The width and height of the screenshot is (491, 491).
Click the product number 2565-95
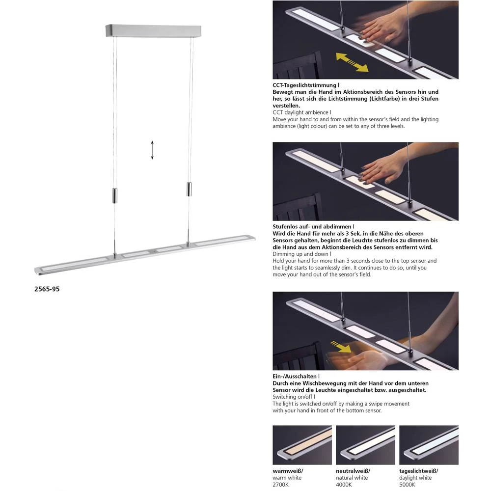tap(47, 289)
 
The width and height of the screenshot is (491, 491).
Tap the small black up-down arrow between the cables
tap(152, 150)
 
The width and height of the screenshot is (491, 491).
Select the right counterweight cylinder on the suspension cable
tap(189, 189)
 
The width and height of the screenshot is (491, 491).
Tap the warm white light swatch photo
tap(302, 445)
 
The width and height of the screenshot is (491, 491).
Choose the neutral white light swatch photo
tap(365, 445)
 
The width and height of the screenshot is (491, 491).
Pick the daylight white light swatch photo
tap(429, 445)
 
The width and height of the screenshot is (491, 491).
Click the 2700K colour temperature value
tap(281, 485)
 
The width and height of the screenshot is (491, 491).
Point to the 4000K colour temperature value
tap(344, 485)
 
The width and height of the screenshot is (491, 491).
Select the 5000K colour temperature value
tap(408, 485)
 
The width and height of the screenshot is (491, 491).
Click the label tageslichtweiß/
tap(419, 471)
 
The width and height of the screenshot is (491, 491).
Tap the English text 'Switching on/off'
tap(294, 396)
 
